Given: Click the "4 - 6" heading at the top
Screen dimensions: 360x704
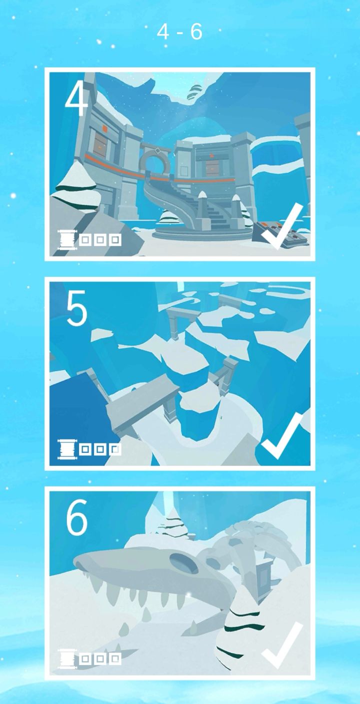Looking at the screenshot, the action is (x=179, y=32).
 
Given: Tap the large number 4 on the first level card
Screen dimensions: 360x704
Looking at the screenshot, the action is (x=76, y=100).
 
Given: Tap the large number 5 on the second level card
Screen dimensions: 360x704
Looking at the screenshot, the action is (x=76, y=308).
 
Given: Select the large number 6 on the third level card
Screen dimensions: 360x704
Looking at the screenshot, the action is (x=76, y=517).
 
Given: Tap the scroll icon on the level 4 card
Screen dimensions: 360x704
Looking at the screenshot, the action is (x=67, y=240).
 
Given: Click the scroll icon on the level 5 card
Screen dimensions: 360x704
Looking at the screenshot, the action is (x=67, y=449).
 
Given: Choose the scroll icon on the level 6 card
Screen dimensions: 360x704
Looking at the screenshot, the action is (x=67, y=659).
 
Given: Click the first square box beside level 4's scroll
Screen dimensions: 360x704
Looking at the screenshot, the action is (x=85, y=240).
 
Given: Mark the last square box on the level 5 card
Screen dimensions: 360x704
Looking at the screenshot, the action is (x=115, y=450).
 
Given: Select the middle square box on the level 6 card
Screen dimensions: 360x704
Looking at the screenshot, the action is (x=100, y=659).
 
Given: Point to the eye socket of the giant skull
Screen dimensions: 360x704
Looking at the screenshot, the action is (x=184, y=563).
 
